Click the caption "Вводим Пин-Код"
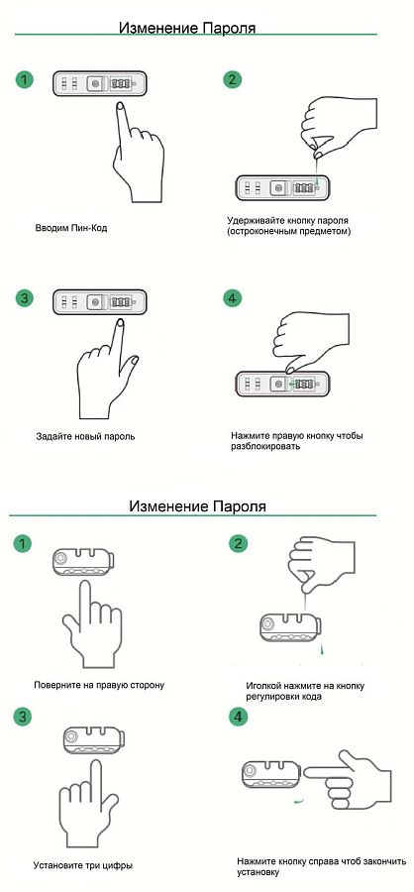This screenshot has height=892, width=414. coord(71,228)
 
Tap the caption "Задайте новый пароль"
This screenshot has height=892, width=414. coord(85,437)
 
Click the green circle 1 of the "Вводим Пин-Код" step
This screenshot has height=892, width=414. coord(24,79)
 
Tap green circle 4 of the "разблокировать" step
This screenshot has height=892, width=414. coord(232,298)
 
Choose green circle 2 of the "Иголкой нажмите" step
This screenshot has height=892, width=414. coord(239,544)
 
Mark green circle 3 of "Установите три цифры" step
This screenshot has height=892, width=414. coord(22,717)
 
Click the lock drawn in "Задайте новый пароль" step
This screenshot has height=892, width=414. coord(100,302)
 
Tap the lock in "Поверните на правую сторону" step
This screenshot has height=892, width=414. coord(83,562)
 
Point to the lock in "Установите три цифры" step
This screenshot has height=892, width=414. coord(92,740)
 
